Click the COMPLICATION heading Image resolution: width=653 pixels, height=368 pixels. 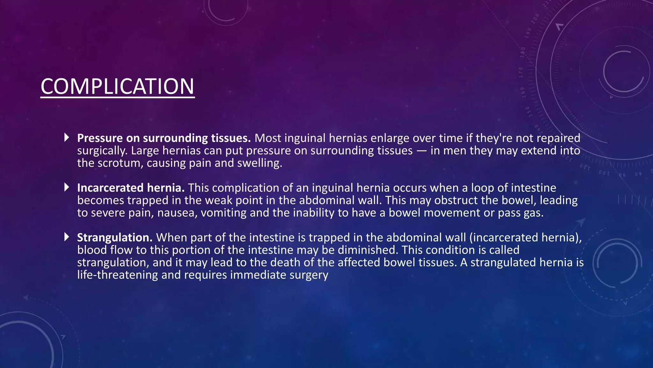pyautogui.click(x=117, y=87)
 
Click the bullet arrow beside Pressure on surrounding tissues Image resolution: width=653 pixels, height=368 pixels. pyautogui.click(x=67, y=137)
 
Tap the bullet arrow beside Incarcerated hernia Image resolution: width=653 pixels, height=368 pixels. pyautogui.click(x=67, y=187)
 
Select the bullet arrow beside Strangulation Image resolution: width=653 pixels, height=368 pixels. pyautogui.click(x=67, y=237)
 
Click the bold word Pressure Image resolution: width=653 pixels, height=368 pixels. pyautogui.click(x=100, y=138)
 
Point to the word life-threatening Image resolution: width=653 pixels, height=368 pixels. pyautogui.click(x=117, y=275)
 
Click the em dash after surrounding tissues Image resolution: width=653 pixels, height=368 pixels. pyautogui.click(x=422, y=151)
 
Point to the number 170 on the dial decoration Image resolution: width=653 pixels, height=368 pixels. pyautogui.click(x=521, y=73)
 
